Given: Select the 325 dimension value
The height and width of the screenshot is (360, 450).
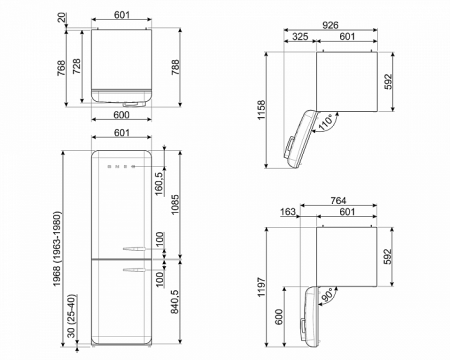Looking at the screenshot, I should (x=299, y=37).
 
